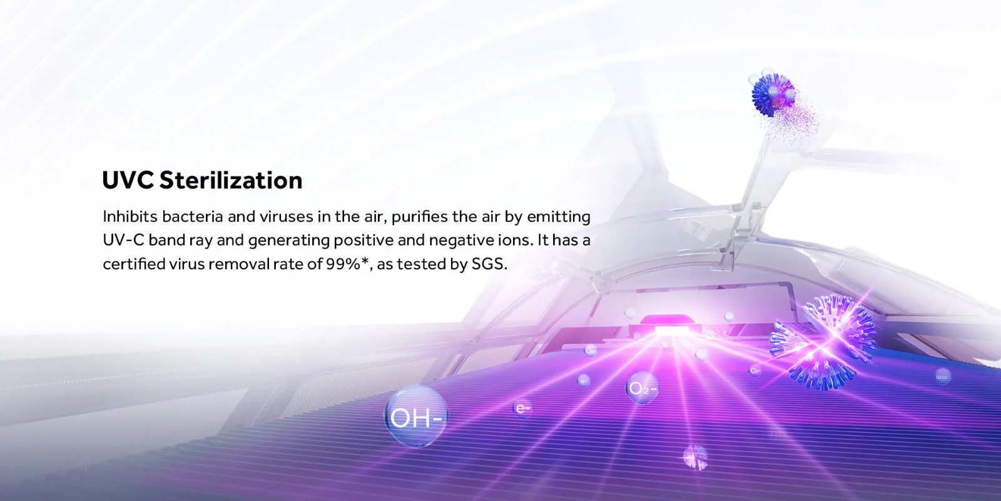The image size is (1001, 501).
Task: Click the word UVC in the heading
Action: (128, 180)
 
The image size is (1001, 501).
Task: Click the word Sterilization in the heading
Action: (231, 180)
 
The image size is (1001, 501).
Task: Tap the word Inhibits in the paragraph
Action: (130, 217)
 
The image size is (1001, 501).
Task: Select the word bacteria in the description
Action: (193, 217)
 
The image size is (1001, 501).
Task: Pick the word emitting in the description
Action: (559, 217)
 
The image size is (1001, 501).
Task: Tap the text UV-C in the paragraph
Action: (123, 240)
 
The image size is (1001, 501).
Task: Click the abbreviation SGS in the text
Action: (489, 264)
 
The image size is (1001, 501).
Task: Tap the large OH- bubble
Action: (416, 416)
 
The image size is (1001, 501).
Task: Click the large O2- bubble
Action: (643, 388)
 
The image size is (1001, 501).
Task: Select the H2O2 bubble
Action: (942, 377)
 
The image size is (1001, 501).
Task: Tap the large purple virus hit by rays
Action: (823, 341)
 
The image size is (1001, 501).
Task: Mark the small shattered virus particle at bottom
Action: (695, 457)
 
